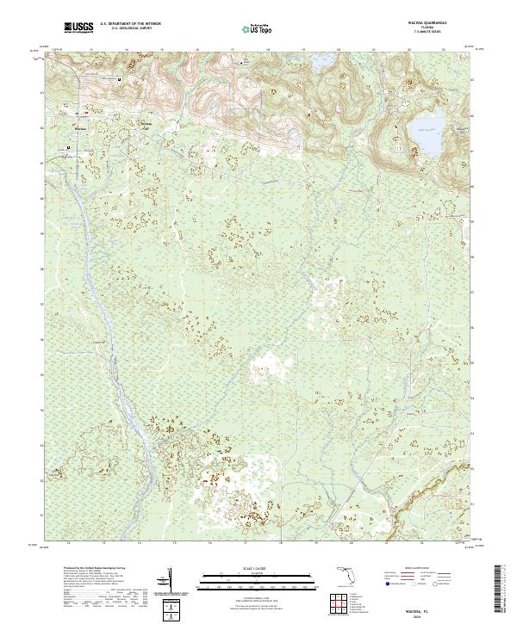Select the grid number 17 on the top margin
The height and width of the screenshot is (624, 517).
pyautogui.click(x=234, y=50)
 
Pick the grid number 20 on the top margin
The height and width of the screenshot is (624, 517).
pyautogui.click(x=339, y=50)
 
